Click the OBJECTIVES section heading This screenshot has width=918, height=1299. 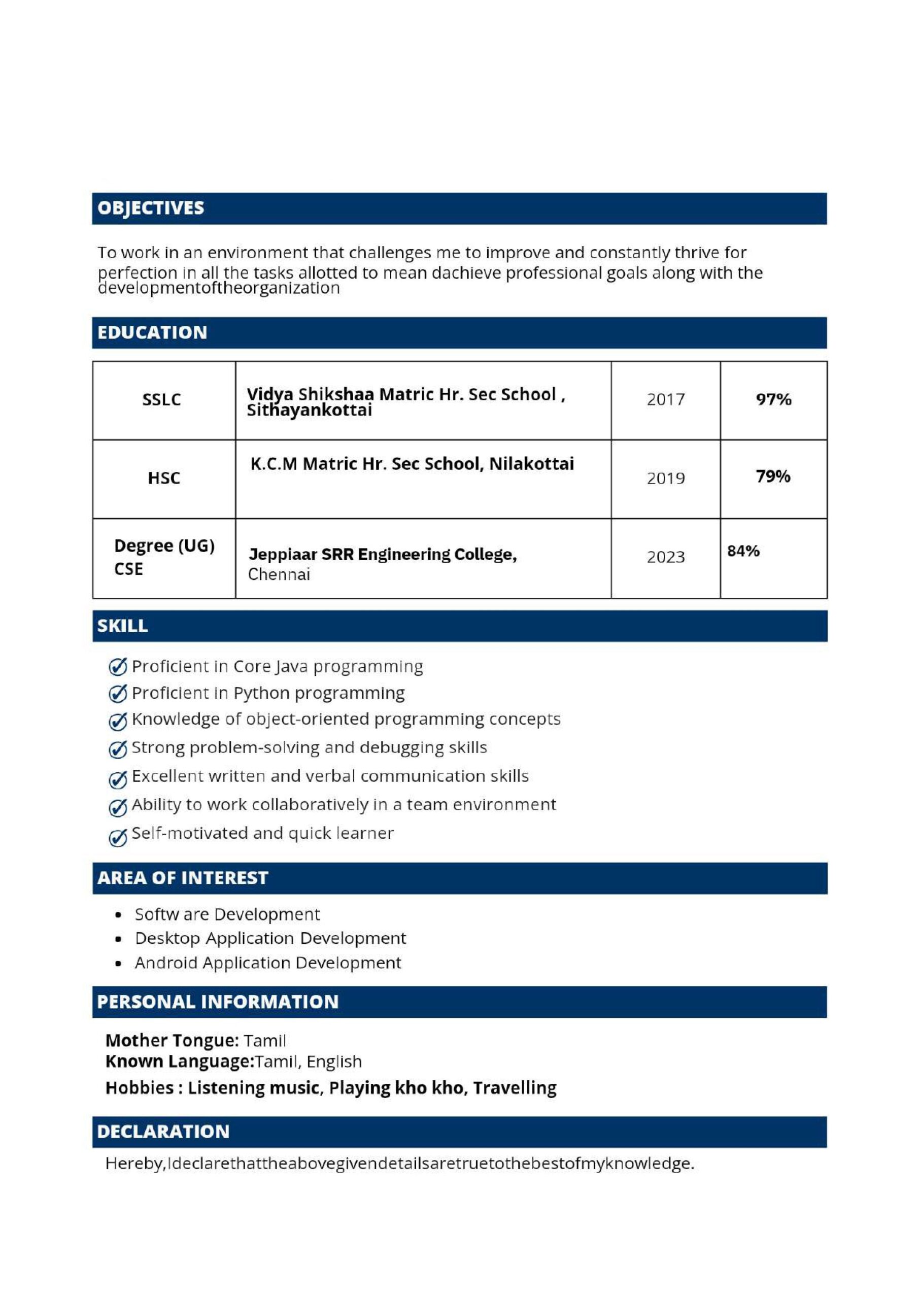pos(151,208)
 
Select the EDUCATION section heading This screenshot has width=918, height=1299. pos(152,333)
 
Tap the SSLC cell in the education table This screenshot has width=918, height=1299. pos(161,400)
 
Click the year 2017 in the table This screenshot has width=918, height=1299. pos(666,400)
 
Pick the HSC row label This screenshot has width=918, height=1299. pos(163,478)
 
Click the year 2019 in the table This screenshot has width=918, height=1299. pos(666,478)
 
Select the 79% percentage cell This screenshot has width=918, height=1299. pos(773,476)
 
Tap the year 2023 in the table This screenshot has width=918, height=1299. pos(666,557)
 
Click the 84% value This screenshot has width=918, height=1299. pos(743,551)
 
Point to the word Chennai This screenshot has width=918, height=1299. pos(279,575)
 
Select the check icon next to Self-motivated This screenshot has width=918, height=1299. pos(118,837)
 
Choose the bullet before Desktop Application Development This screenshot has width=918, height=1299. pos(118,939)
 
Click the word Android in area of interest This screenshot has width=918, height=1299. pos(166,963)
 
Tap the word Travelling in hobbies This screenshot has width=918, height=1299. pos(515,1088)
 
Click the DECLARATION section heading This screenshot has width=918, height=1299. pos(163,1132)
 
